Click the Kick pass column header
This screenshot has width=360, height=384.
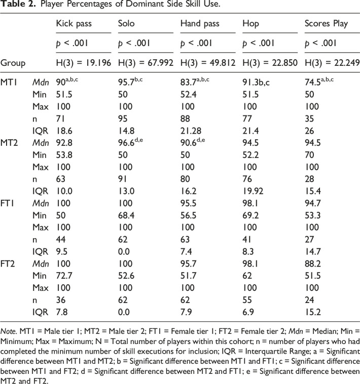pos(74,23)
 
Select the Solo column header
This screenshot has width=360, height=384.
pos(126,23)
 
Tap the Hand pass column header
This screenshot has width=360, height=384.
pos(200,23)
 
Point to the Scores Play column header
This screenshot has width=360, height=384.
pos(326,23)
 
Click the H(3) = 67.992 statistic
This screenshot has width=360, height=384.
pos(146,63)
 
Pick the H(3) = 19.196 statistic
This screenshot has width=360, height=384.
pos(84,63)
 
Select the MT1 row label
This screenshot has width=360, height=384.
pos(9,82)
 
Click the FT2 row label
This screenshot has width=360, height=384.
pos(8,264)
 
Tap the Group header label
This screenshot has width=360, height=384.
pos(13,63)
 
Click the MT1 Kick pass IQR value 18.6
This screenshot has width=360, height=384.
pos(64,131)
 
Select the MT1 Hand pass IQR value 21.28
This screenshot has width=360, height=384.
pos(191,131)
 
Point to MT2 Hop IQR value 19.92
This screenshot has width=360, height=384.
pos(253,191)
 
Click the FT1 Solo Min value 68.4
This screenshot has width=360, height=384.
pos(126,215)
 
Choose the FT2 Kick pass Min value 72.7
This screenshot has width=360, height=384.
pos(64,276)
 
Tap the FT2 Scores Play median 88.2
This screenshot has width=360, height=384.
pos(313,264)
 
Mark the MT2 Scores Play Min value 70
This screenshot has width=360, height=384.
pos(309,155)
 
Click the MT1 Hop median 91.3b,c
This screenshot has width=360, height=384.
pos(256,82)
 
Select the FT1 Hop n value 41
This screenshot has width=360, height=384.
pos(247,240)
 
